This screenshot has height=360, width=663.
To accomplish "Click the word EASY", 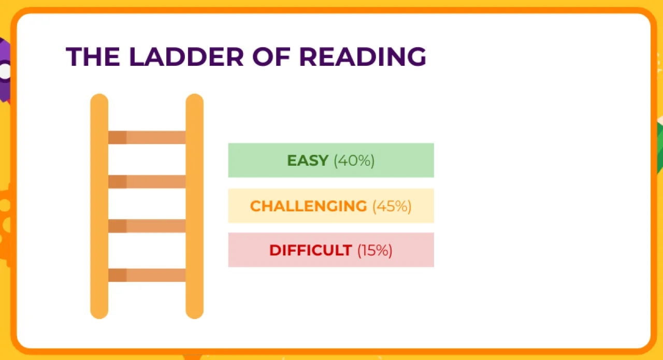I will pyautogui.click(x=308, y=161).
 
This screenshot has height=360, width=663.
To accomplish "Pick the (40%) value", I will pyautogui.click(x=354, y=161).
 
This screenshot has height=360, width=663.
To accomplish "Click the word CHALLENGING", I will pyautogui.click(x=308, y=206).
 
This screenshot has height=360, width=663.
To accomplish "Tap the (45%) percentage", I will pyautogui.click(x=392, y=206).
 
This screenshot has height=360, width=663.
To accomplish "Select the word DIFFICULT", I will pyautogui.click(x=310, y=250).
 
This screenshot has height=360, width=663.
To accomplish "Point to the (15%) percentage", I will pyautogui.click(x=374, y=250).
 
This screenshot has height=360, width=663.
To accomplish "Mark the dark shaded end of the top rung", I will pyautogui.click(x=117, y=137).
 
